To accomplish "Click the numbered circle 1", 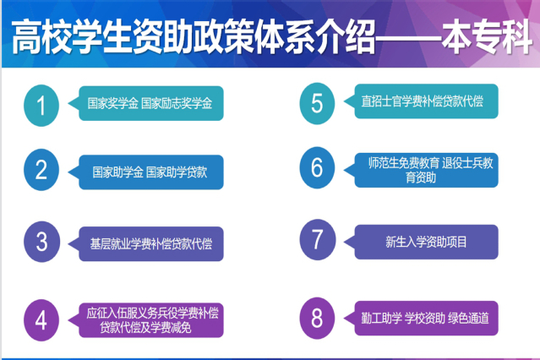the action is click(x=41, y=106).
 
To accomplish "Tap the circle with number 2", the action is click(x=41, y=170).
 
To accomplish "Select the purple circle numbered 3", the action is click(x=41, y=242).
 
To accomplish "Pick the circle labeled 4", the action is click(x=41, y=320).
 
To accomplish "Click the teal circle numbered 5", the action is click(x=317, y=103).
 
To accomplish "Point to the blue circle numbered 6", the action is click(x=317, y=168).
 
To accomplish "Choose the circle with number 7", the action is click(x=318, y=239).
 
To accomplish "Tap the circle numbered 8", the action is click(x=317, y=318).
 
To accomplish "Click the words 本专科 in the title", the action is click(x=487, y=37).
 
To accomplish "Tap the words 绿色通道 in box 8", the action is click(x=468, y=319).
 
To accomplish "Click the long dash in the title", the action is click(x=409, y=37).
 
